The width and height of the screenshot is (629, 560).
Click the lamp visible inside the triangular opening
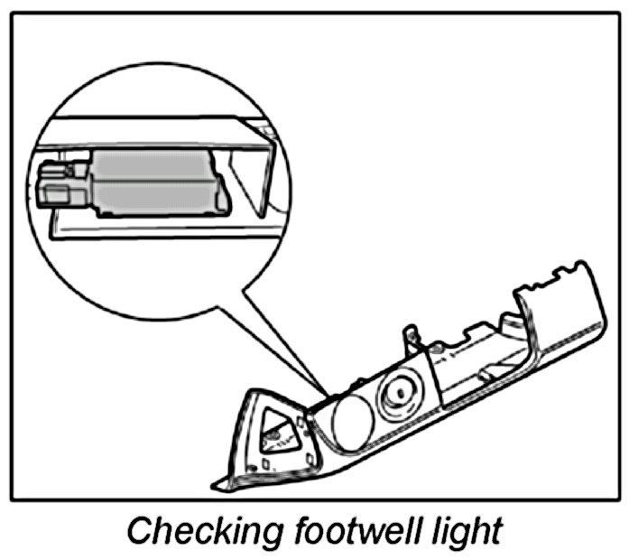[x=272, y=437]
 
